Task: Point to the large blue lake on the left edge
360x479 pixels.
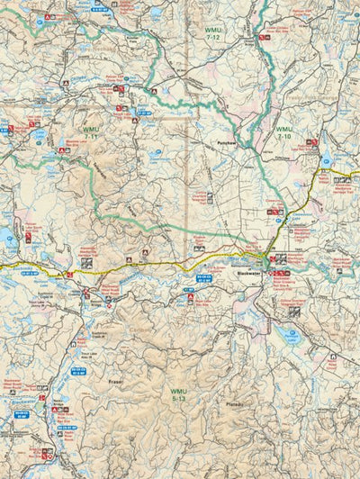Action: click(6, 239)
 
